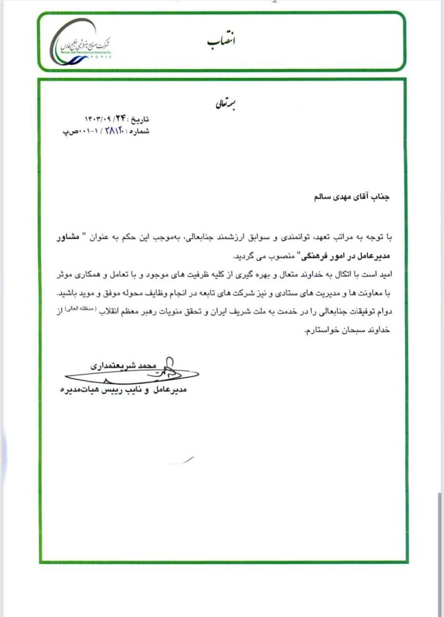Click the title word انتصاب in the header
pyautogui.click(x=221, y=41)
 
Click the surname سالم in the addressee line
pyautogui.click(x=306, y=196)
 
